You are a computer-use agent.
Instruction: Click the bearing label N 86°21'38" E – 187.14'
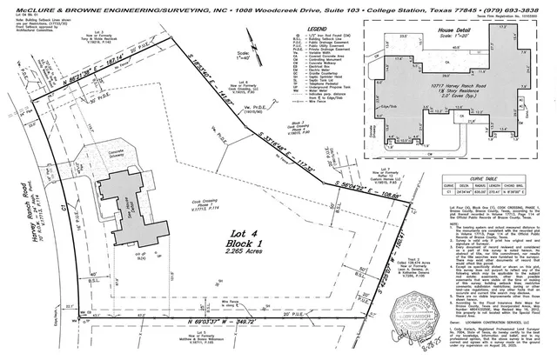(x=87, y=67)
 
